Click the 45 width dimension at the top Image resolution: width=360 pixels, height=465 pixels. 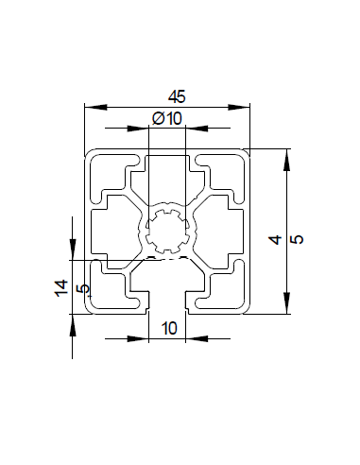176,95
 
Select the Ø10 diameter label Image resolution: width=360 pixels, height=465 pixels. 166,117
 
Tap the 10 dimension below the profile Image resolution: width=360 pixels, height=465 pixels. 170,328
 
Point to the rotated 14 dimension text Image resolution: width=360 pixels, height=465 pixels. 60,289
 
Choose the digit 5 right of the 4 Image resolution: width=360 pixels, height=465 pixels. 298,240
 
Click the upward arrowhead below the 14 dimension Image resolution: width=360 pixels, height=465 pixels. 72,322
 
